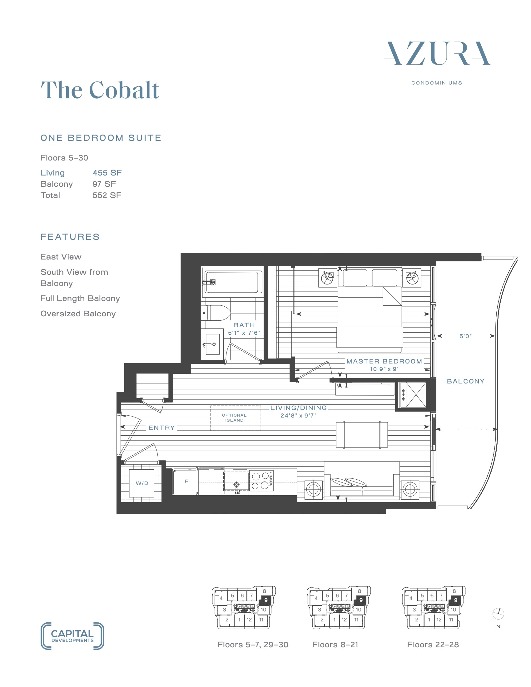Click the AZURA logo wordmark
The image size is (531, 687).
[437, 53]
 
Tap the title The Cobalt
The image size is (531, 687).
[100, 90]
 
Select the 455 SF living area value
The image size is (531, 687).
[107, 173]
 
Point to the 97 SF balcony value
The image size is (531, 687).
[104, 184]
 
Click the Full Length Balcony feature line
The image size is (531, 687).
[80, 299]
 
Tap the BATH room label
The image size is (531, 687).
[244, 325]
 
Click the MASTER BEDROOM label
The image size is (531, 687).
[384, 361]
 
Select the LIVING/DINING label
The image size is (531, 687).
[299, 408]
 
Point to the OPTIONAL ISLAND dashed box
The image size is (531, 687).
[236, 418]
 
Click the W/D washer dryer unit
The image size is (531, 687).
[142, 483]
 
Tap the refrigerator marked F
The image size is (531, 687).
[186, 482]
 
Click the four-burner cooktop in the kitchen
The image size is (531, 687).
[261, 481]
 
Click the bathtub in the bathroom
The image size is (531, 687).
[233, 282]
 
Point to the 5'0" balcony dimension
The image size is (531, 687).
[466, 336]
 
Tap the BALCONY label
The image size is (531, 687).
[466, 381]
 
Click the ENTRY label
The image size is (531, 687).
[162, 428]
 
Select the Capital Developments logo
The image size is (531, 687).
[72, 636]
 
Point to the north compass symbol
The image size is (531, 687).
[498, 613]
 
